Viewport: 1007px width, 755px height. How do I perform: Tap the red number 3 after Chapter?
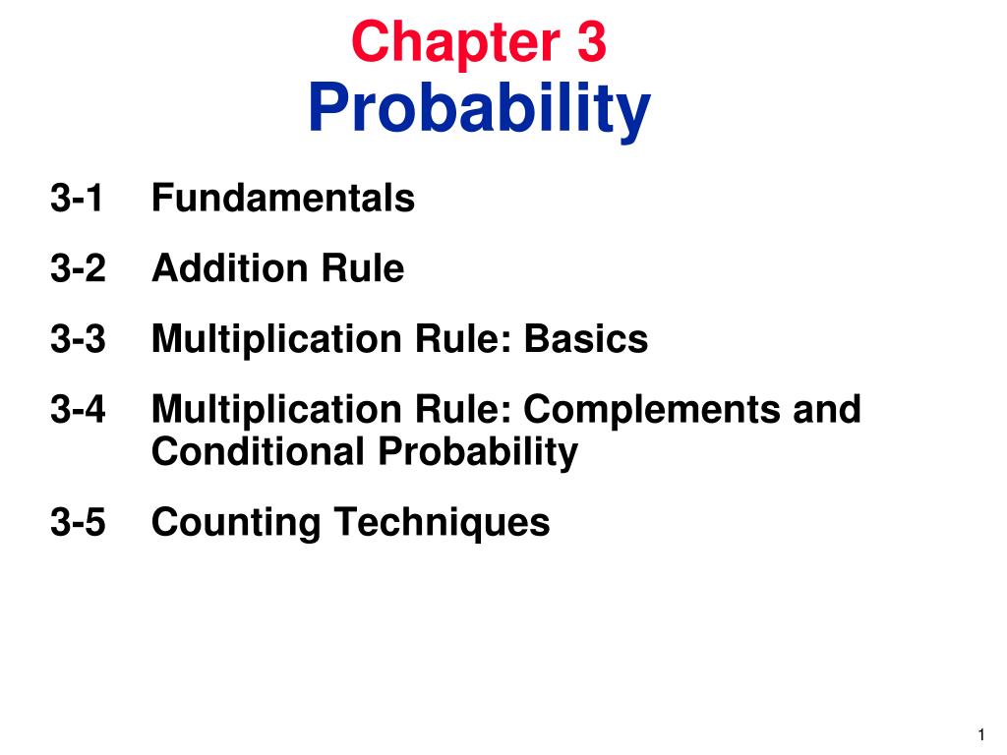click(591, 43)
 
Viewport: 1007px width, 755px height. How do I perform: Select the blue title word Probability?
click(479, 110)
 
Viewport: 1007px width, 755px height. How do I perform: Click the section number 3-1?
click(78, 199)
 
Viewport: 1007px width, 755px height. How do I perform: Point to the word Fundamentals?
click(283, 199)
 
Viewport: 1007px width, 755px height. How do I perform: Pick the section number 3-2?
click(78, 268)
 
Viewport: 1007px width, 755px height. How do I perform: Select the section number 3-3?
click(78, 339)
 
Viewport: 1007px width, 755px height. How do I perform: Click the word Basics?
click(586, 339)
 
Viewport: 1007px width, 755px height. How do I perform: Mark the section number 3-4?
click(78, 408)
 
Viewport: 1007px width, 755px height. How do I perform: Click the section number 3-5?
click(78, 522)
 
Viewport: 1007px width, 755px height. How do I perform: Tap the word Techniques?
click(441, 523)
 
